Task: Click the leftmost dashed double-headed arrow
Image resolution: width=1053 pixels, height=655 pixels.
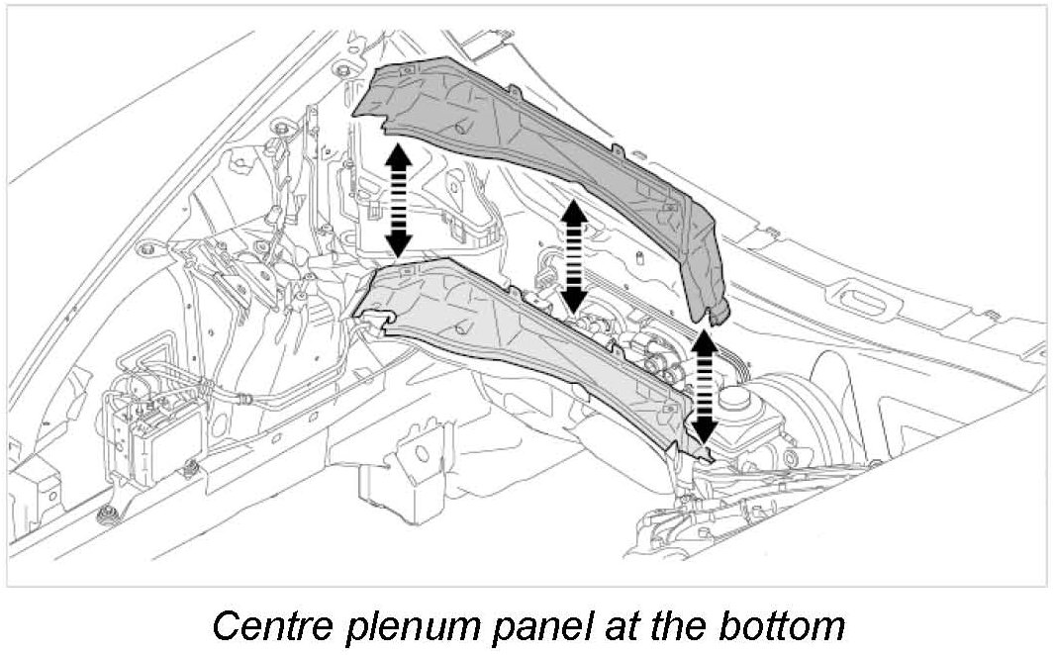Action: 398,199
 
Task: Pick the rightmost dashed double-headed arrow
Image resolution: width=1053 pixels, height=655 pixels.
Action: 704,385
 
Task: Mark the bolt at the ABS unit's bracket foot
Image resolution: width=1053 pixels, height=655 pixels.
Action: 105,513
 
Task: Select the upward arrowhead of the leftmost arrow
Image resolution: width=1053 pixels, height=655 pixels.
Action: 398,153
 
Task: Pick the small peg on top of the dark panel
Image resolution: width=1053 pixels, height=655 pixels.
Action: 461,128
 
